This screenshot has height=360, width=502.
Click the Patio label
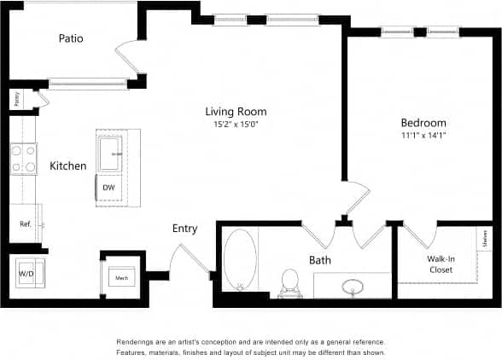(71, 38)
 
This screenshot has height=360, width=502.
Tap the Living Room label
(236, 112)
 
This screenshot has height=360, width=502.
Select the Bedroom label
(423, 123)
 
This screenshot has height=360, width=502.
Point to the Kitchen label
(67, 165)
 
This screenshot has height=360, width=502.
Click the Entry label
(184, 229)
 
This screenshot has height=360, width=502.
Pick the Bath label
(320, 260)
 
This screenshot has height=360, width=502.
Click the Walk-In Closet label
(441, 264)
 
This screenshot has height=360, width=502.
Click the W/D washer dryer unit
(25, 273)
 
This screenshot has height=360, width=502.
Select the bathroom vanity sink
(351, 285)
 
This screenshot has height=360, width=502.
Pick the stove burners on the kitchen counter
(23, 158)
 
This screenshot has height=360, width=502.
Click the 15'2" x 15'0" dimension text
(236, 125)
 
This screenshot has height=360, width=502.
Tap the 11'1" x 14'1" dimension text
(423, 136)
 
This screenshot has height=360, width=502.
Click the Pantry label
(16, 99)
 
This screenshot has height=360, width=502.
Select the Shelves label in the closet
(484, 240)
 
